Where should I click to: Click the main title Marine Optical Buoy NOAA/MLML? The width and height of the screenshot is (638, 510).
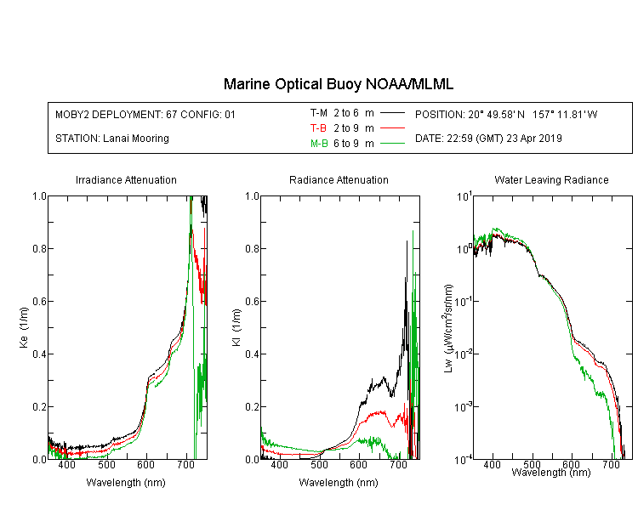pos(339,84)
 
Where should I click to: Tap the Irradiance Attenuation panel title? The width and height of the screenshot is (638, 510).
pos(126,179)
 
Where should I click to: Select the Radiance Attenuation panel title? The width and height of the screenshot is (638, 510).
pos(339,179)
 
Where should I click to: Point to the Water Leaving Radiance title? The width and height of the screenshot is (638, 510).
pos(551,179)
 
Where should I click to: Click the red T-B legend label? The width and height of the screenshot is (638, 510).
pos(318,128)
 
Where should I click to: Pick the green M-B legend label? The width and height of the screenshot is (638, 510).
pos(319,143)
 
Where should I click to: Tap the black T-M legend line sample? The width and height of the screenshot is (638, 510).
pos(392,113)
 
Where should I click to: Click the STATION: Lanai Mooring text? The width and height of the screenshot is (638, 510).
pos(112,139)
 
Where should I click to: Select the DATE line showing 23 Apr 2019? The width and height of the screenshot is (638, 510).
pos(488,139)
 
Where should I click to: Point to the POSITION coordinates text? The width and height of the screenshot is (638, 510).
pos(506,114)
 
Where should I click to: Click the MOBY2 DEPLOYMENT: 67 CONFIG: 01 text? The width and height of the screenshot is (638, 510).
pos(145,114)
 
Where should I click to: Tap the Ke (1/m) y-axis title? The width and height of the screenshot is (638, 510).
pos(24,327)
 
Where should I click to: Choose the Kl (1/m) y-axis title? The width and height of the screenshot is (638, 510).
pos(236,327)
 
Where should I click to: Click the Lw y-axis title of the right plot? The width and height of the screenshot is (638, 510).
pos(448,328)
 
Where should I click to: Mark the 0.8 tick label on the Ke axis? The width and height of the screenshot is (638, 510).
pos(39,248)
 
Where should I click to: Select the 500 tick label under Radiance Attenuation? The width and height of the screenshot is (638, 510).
pos(319,464)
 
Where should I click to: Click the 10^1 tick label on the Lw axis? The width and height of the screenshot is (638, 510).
pos(464,195)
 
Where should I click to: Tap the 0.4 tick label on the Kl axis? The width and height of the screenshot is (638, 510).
pos(253,354)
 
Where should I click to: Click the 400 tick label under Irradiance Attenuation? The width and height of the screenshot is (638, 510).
pos(66,464)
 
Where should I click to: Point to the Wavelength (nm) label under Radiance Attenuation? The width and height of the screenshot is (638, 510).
pos(339,483)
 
